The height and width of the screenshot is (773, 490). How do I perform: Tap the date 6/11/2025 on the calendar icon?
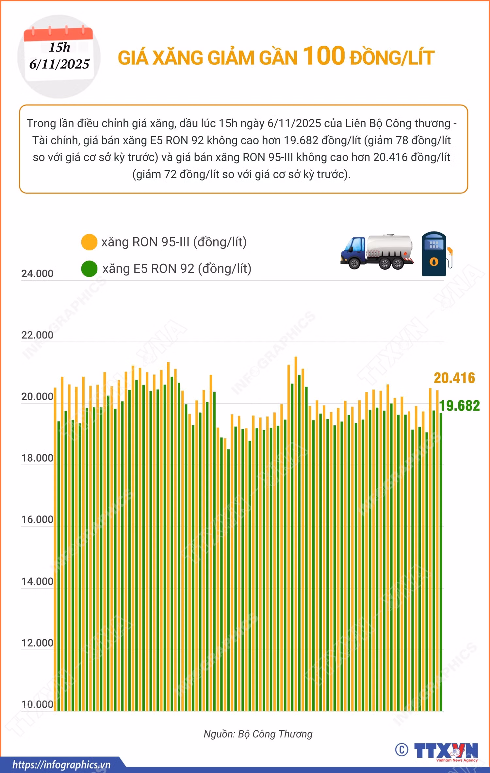[x=59, y=64]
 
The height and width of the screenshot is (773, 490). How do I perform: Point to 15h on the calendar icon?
[x=59, y=47]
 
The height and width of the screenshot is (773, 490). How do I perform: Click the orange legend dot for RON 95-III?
[x=89, y=242]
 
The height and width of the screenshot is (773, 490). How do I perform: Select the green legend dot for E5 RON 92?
[x=89, y=269]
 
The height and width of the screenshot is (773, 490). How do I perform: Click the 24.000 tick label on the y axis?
[x=37, y=274]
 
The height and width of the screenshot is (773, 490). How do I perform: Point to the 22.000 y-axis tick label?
[x=37, y=335]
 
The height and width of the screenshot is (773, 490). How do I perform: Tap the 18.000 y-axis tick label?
[x=37, y=458]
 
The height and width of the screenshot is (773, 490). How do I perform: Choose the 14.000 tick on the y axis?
[x=37, y=582]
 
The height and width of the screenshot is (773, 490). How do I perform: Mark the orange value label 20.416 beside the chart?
[x=454, y=378]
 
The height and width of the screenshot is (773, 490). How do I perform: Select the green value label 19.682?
[x=459, y=406]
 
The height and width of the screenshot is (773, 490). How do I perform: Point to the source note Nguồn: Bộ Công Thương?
[x=258, y=734]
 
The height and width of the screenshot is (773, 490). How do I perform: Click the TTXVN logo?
[x=446, y=750]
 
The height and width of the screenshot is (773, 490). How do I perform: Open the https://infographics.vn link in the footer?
[x=61, y=765]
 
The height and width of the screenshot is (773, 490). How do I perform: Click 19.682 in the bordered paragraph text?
[x=301, y=140]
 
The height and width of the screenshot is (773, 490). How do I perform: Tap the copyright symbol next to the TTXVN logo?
[x=401, y=750]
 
